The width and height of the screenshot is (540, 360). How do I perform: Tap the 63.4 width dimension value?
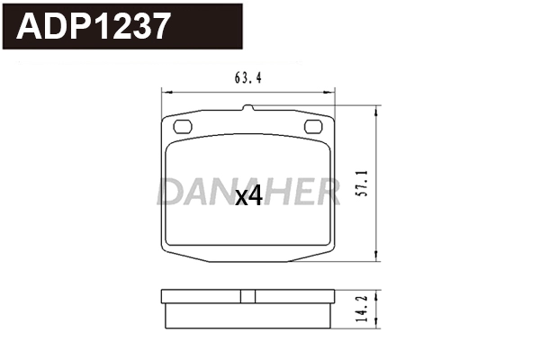[247, 77]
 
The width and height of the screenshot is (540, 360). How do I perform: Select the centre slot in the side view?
[247, 296]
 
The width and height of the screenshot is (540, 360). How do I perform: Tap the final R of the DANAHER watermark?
[328, 190]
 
